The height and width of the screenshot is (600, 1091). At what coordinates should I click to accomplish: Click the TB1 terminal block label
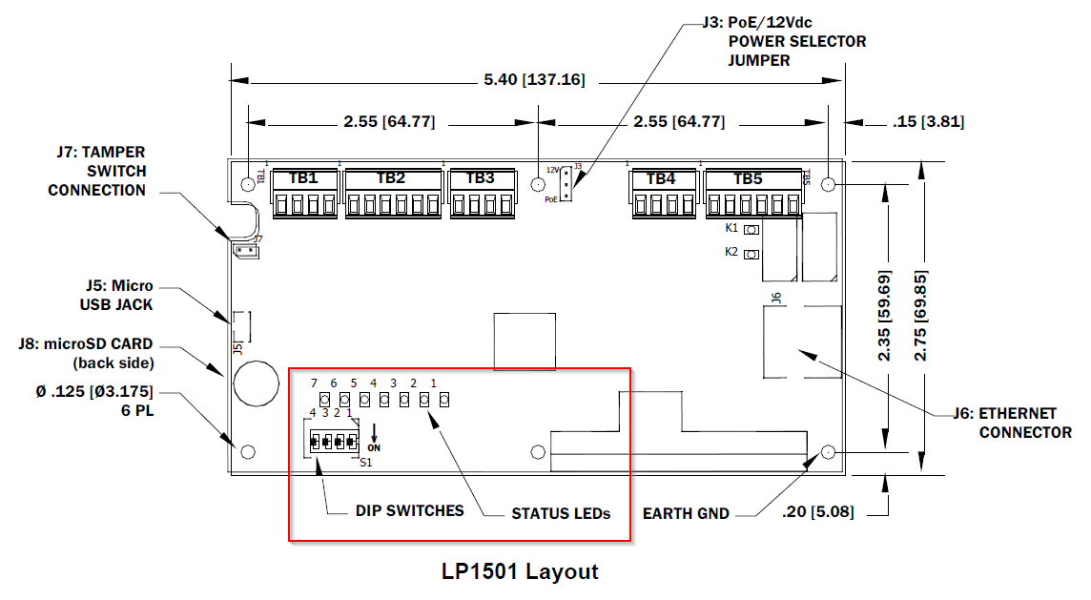(303, 178)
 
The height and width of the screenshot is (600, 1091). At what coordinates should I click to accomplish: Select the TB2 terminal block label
(391, 178)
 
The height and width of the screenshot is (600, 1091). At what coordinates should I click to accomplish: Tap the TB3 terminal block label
(480, 178)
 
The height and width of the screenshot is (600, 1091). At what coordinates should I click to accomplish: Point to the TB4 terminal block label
(661, 178)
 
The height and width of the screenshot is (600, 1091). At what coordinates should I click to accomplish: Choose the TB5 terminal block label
(748, 178)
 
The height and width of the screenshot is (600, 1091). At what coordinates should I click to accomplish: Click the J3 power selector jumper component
(566, 183)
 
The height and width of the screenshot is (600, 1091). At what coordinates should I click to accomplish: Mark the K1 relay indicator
(751, 230)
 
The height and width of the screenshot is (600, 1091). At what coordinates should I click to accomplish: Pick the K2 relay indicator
(751, 254)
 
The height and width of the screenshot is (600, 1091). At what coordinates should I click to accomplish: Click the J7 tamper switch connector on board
(244, 251)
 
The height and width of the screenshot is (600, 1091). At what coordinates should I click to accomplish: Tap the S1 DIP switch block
(333, 442)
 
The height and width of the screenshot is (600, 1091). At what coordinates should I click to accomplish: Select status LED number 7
(324, 399)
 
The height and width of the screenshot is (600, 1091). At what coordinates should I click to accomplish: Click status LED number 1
(443, 399)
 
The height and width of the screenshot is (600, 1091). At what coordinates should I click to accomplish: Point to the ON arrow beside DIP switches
(374, 437)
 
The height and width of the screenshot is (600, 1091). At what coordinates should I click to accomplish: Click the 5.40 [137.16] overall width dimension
(534, 79)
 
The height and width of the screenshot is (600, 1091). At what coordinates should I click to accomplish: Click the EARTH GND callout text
(685, 513)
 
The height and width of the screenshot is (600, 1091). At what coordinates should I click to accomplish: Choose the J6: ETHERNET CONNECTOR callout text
(1012, 423)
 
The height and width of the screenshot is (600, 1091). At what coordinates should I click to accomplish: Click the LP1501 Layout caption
(520, 571)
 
